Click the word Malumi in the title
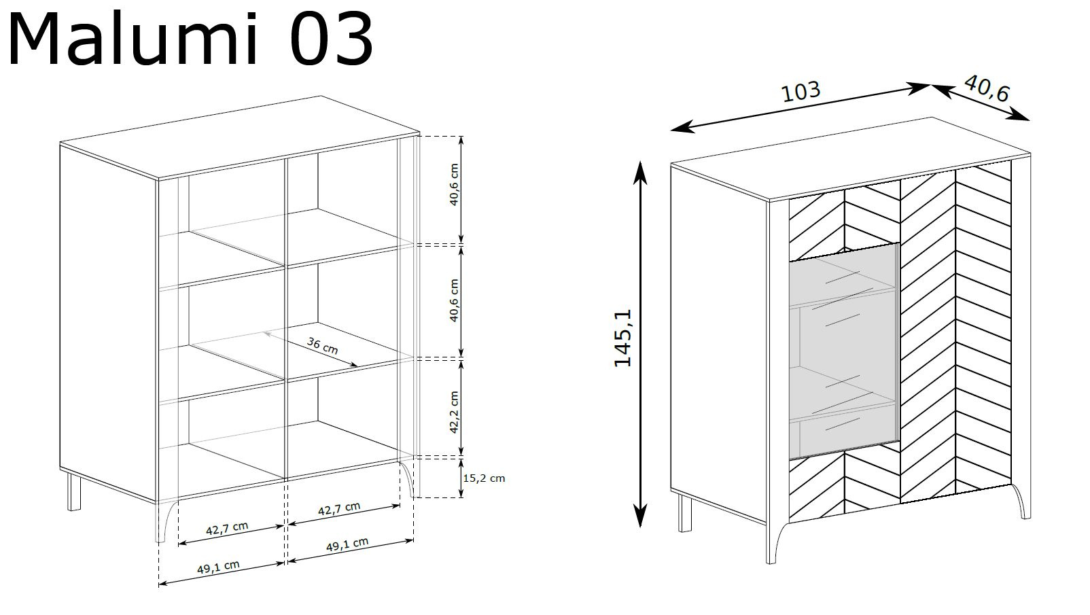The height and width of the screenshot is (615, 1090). click(x=133, y=39)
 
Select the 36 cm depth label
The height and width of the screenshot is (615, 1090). click(x=323, y=345)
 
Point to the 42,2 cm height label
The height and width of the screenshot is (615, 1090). click(x=454, y=412)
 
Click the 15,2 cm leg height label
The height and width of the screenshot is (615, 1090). click(x=484, y=478)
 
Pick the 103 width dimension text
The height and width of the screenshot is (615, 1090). click(x=801, y=92)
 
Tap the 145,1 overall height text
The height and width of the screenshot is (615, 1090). click(x=623, y=338)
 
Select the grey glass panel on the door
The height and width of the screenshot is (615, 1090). click(x=843, y=351)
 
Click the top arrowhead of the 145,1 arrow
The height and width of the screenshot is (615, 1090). click(x=640, y=171)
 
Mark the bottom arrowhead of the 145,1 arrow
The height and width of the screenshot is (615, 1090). click(x=640, y=516)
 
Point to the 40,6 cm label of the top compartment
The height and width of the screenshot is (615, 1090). click(x=454, y=184)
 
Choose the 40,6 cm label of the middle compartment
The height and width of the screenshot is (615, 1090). click(x=454, y=300)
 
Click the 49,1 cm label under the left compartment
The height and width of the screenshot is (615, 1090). click(x=219, y=567)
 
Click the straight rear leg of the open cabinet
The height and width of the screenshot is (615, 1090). click(x=74, y=492)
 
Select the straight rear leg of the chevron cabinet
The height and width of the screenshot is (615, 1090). click(x=685, y=513)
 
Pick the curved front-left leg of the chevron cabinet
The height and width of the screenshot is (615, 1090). click(x=774, y=542)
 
